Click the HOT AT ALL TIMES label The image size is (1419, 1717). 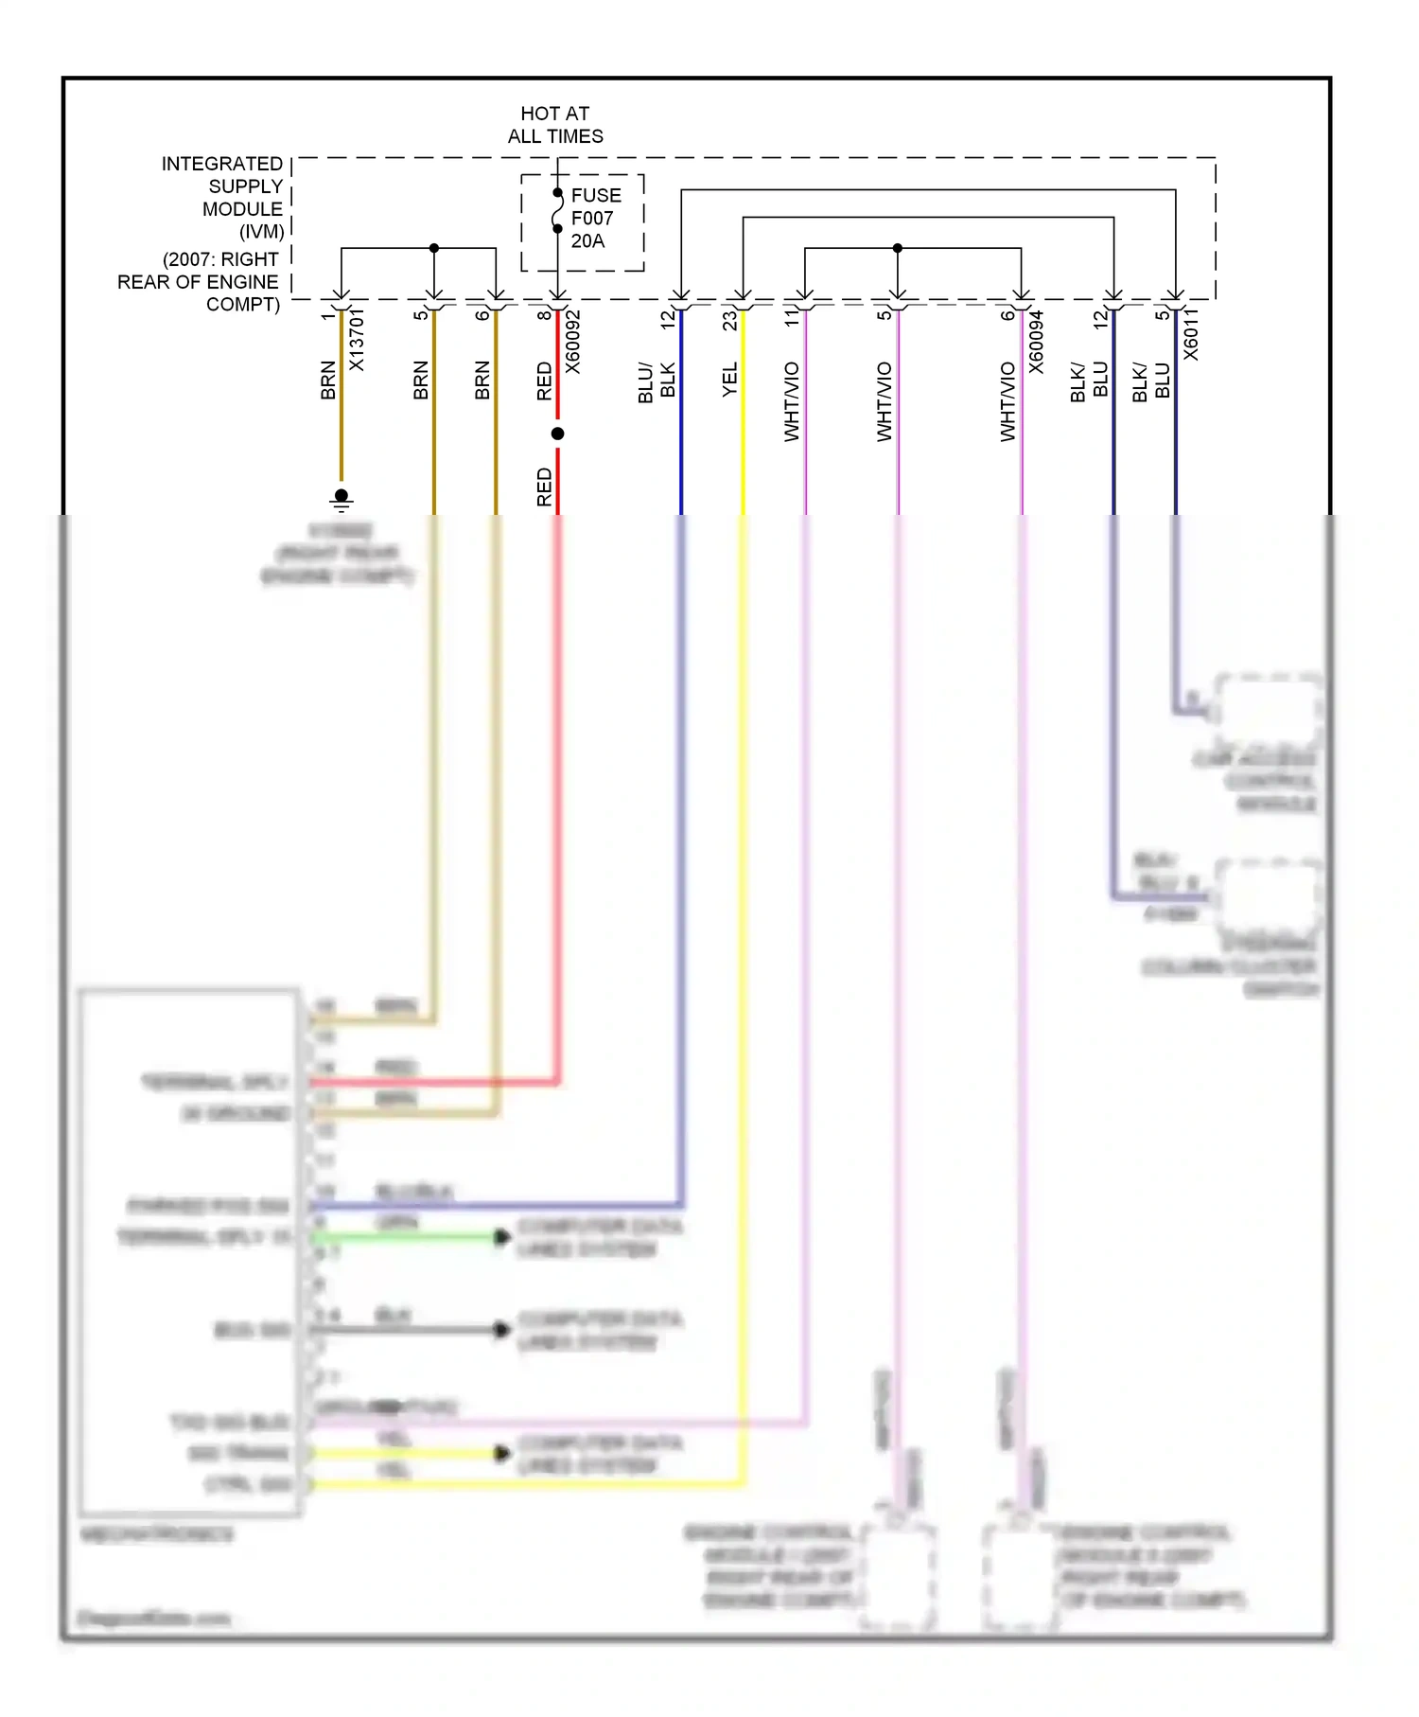(555, 125)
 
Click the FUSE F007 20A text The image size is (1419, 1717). (595, 218)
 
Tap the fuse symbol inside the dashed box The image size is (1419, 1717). (558, 210)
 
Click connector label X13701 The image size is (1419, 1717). (357, 341)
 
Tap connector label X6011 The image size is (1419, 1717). (1191, 334)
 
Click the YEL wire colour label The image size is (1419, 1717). (730, 380)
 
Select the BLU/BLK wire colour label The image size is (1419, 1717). (657, 381)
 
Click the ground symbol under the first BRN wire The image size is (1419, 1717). (342, 499)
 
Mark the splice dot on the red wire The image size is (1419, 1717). (558, 434)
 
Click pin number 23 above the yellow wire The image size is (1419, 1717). (729, 321)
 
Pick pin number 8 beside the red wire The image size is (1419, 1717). (544, 314)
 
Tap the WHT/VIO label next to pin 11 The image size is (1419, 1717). (793, 401)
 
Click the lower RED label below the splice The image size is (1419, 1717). (544, 487)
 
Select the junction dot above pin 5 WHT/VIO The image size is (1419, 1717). (898, 248)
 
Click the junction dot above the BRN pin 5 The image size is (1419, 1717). (434, 248)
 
